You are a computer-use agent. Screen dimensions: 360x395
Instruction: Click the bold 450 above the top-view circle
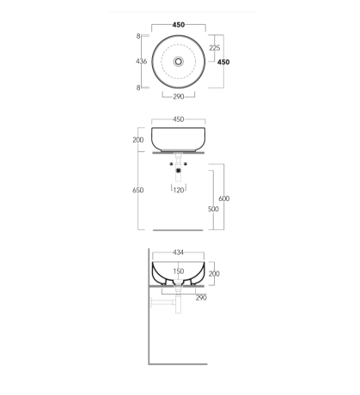[x=179, y=25]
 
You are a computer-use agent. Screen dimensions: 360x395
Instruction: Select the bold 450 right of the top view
[x=223, y=62]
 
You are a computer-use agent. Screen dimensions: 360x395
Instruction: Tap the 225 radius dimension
[x=215, y=48]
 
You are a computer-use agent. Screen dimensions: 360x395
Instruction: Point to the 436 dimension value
[x=141, y=61]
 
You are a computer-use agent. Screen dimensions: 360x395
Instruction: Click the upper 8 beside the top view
[x=138, y=36]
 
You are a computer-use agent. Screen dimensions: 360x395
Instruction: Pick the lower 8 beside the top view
[x=138, y=88]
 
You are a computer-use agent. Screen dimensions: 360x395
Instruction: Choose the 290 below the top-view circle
[x=179, y=97]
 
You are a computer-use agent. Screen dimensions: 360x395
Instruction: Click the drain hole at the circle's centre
[x=179, y=61]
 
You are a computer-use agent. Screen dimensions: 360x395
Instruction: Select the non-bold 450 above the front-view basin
[x=179, y=119]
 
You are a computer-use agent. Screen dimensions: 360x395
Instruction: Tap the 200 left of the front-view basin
[x=138, y=140]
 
